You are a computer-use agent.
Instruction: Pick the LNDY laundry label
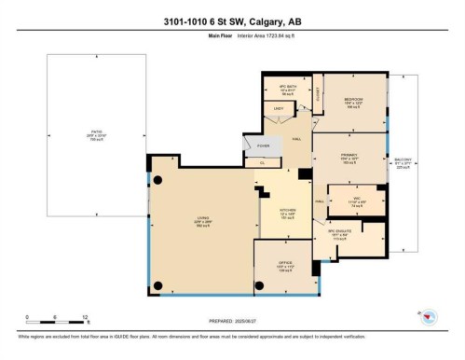(277, 109)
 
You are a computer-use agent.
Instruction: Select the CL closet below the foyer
(263, 161)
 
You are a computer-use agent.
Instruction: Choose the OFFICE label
(284, 264)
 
